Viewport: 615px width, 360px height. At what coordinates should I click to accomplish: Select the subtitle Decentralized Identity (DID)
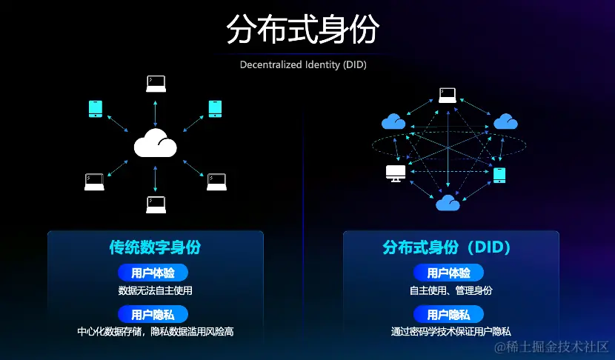point(303,64)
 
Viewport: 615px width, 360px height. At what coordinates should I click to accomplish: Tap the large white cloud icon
point(155,142)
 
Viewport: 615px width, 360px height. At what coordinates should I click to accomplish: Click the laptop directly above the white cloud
point(156,83)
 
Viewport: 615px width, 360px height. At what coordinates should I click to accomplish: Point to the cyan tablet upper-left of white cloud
point(95,109)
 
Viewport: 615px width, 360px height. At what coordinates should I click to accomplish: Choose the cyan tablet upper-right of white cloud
point(215,109)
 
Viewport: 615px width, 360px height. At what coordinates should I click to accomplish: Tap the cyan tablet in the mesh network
point(500,175)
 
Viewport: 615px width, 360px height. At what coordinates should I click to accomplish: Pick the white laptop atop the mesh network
point(447,95)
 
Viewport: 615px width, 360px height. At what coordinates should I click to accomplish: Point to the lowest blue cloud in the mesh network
point(448,202)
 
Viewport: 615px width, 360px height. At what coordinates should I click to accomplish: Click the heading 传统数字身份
point(155,247)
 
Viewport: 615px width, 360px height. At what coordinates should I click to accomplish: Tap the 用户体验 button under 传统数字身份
point(153,273)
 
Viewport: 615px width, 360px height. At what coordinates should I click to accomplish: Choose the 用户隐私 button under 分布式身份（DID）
point(448,314)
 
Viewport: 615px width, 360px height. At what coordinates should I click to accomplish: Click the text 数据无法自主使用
point(155,290)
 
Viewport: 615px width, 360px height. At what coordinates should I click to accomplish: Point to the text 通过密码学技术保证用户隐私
point(451,332)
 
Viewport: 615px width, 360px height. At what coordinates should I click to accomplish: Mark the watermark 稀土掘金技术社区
point(552,347)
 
